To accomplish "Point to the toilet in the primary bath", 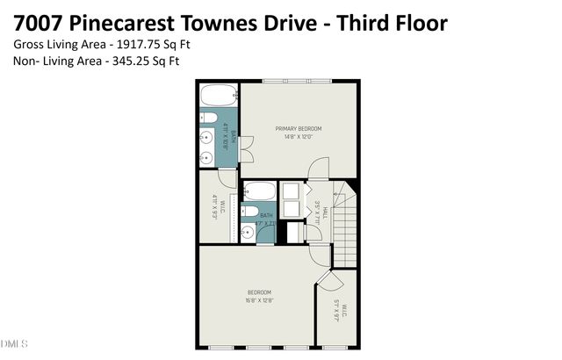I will (x=210, y=118).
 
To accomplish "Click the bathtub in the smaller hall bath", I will (x=259, y=191).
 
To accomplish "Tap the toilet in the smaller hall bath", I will (x=249, y=212).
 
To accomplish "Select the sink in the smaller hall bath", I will (x=248, y=232).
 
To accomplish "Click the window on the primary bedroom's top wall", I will (x=296, y=81).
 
